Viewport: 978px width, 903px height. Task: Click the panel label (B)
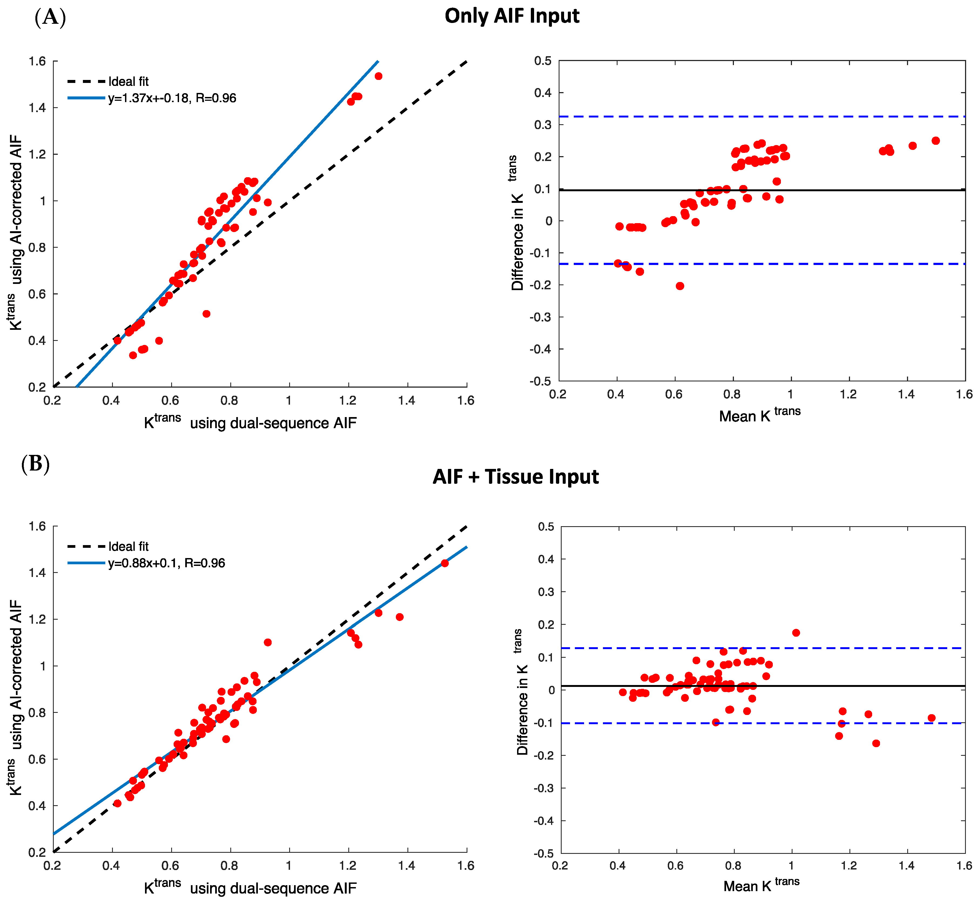pos(35,463)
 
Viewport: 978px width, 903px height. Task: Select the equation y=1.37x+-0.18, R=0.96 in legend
pos(172,98)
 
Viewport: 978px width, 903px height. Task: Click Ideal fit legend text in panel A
pos(129,82)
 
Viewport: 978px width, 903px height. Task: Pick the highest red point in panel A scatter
pos(378,76)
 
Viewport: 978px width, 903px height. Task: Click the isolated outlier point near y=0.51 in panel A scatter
pos(206,314)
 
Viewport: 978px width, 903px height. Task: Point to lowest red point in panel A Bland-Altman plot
pos(680,286)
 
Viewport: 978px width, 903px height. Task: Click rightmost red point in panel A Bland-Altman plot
pos(936,141)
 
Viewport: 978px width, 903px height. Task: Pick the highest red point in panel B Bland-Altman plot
pos(796,633)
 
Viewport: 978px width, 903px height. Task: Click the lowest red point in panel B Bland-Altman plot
pos(876,743)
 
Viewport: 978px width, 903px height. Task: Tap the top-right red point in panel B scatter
pos(444,563)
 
